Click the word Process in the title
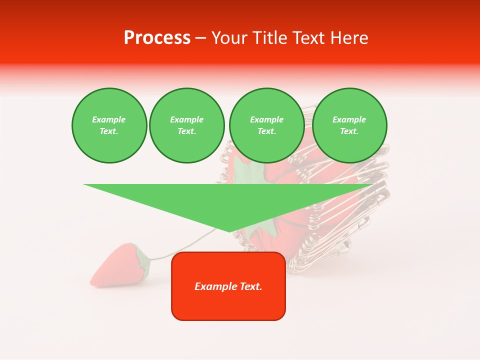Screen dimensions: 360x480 coord(157,38)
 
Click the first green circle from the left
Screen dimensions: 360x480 coord(109,125)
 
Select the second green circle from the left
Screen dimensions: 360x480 coord(186,125)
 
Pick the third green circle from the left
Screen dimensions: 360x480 coord(266,125)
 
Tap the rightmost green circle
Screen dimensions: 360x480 coord(349,125)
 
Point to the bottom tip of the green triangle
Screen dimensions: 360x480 coord(229,231)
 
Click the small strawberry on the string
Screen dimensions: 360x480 coord(115,266)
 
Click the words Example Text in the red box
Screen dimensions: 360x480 coord(228,286)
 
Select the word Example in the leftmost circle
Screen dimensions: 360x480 coord(109,120)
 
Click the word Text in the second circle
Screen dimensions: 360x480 coord(186,131)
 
